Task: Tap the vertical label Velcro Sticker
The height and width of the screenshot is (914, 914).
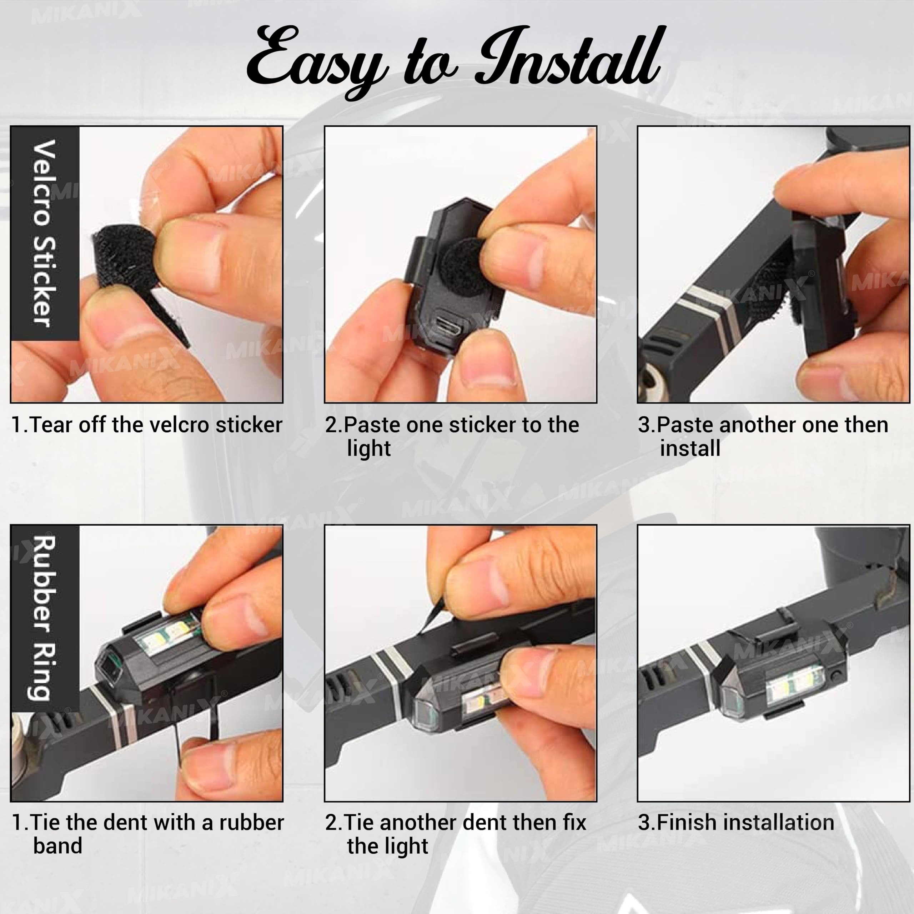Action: (x=45, y=233)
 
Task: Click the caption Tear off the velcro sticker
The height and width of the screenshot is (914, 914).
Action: (x=147, y=425)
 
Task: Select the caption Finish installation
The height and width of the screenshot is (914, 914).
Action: (x=735, y=822)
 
